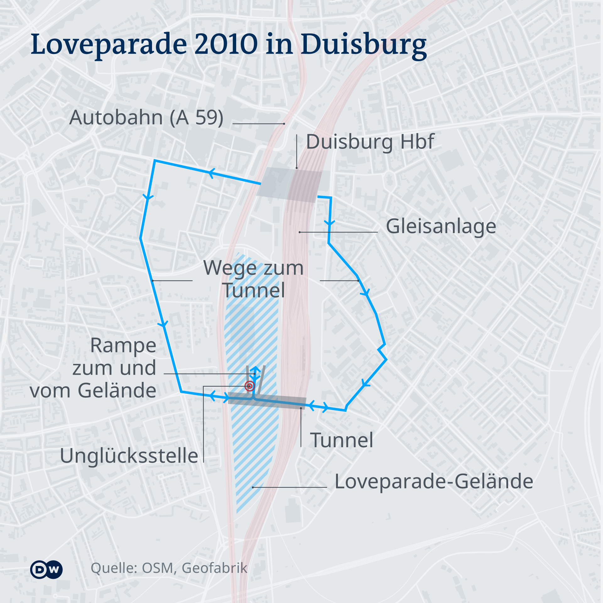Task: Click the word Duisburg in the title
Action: (x=364, y=45)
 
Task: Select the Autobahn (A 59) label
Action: (x=146, y=118)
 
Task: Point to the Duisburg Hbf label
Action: (x=370, y=142)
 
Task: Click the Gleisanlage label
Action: (x=441, y=226)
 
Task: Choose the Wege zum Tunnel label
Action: (x=253, y=279)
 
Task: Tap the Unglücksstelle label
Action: (x=129, y=456)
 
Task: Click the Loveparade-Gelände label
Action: (x=434, y=481)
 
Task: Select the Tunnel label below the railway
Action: (x=342, y=440)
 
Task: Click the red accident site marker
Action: (x=250, y=386)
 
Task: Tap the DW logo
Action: (x=46, y=569)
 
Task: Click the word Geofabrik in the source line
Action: (x=215, y=568)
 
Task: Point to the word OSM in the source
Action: (x=158, y=568)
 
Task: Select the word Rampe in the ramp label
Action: (x=123, y=346)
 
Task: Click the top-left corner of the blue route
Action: (x=155, y=161)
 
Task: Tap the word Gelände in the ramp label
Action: (x=117, y=391)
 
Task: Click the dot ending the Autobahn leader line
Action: (x=284, y=124)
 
